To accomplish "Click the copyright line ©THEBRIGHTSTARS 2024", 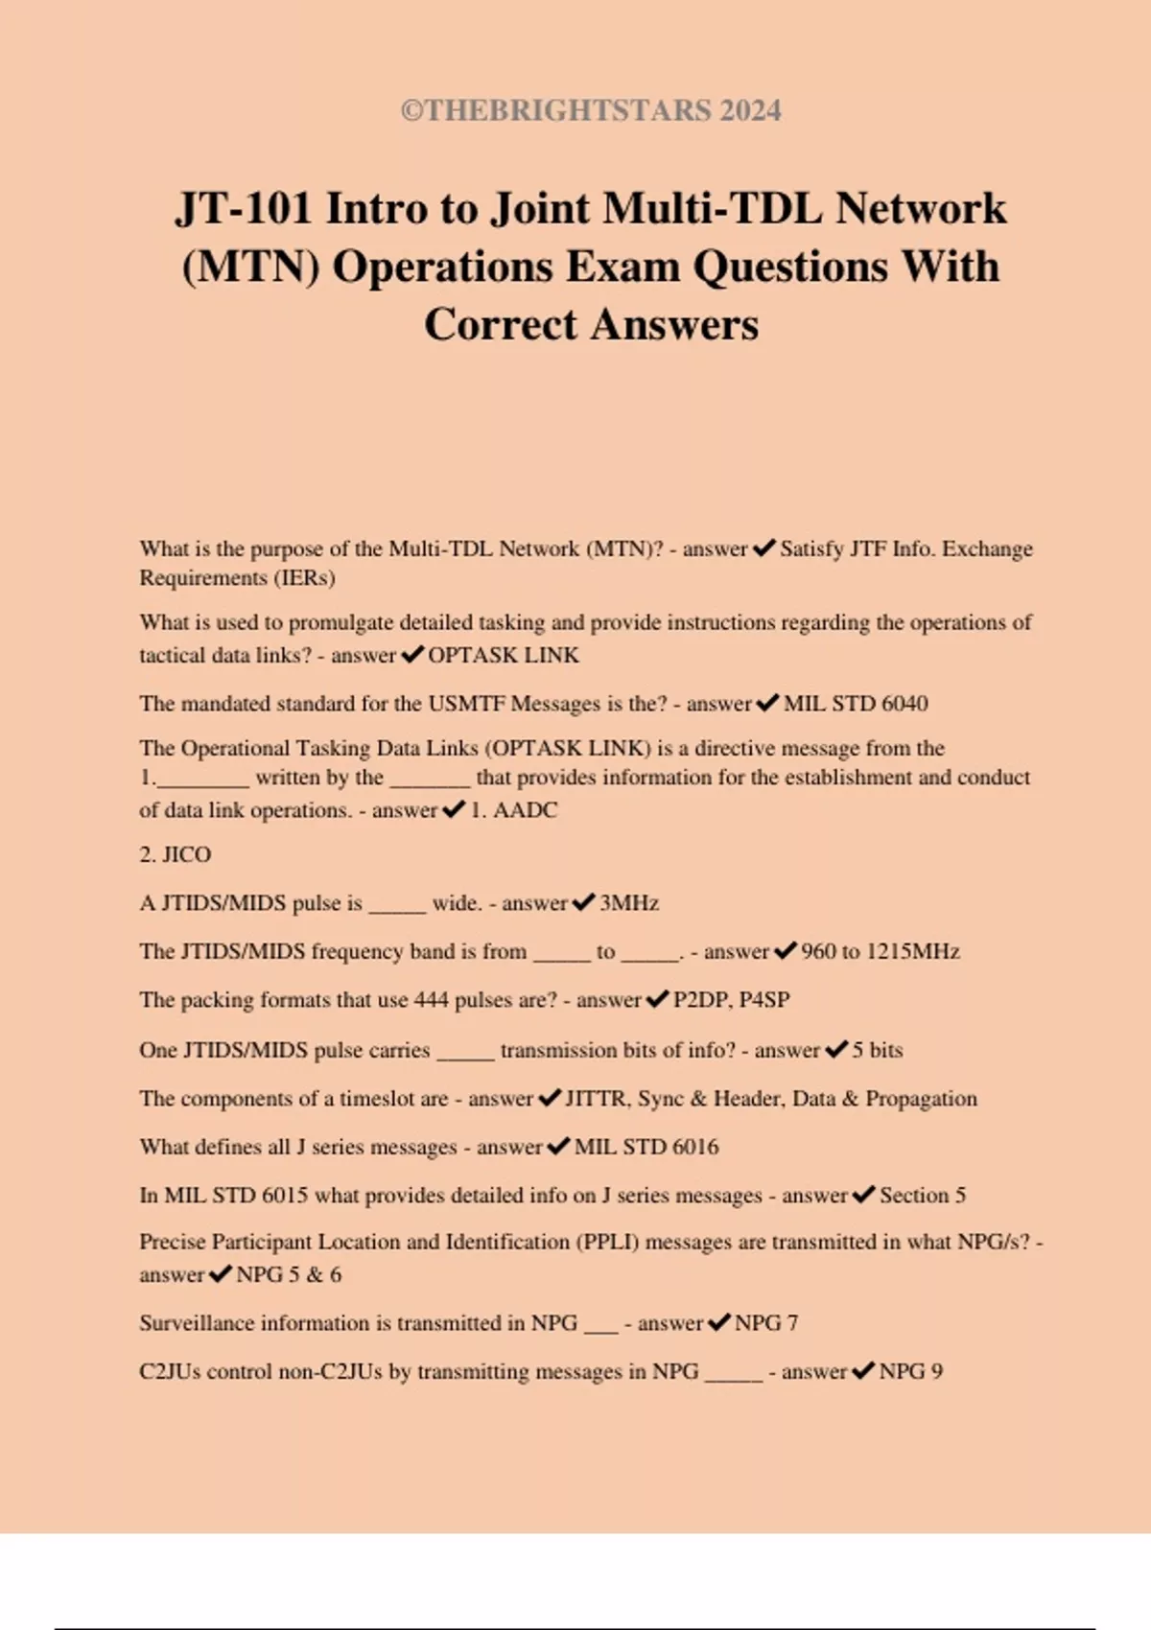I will tap(591, 111).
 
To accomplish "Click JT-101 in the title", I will tap(244, 209).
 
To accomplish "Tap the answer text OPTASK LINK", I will tap(504, 655).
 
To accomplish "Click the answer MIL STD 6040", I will tap(856, 704).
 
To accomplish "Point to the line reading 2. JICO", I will tap(176, 854).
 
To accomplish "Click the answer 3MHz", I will tap(629, 903).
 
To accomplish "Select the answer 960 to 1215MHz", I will tap(881, 952).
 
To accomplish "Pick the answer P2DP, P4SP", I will tap(732, 1000).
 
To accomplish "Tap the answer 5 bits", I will tap(878, 1050).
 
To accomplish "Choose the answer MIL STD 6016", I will tap(646, 1147).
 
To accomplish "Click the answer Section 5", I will tap(923, 1196).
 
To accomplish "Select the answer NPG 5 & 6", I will tap(289, 1275).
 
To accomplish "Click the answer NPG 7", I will tap(766, 1323).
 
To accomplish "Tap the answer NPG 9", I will tap(911, 1371).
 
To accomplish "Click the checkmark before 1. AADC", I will tap(453, 809).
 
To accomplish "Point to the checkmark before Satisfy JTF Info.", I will tap(763, 548).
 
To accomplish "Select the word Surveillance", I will tap(197, 1323).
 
